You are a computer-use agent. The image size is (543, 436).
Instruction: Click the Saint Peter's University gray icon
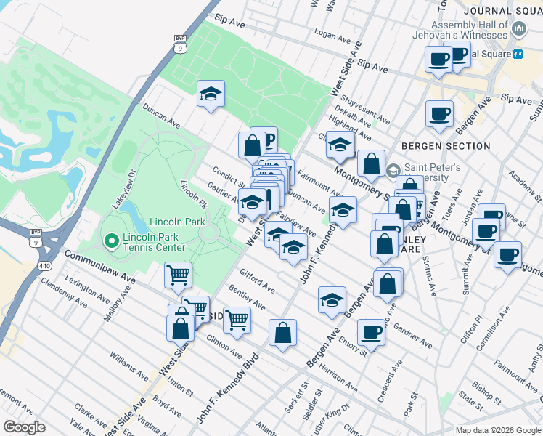[393, 171]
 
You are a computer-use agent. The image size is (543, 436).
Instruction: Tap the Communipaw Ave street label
[100, 267]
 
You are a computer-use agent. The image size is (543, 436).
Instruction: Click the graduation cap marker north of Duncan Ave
[211, 94]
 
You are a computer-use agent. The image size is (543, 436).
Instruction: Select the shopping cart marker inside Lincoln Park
[178, 275]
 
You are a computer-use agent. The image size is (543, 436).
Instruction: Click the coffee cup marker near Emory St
[372, 332]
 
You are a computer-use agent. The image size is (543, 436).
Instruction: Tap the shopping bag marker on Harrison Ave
[282, 334]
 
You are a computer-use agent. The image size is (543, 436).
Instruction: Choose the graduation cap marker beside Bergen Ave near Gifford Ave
[331, 300]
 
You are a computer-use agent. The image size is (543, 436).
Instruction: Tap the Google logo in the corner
[24, 427]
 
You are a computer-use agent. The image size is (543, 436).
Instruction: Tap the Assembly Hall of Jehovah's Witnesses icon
[518, 28]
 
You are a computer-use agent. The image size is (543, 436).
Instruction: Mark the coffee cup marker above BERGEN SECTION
[439, 114]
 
